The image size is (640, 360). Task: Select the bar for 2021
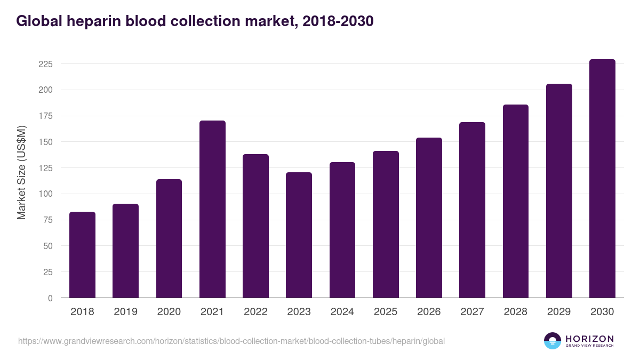point(212,209)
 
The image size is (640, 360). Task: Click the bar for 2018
point(82,254)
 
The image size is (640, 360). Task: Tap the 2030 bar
point(602,178)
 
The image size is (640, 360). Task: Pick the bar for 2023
point(299,235)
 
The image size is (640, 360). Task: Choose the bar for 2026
point(429,218)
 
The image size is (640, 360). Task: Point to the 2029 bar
point(559,190)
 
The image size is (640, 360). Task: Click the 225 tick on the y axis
point(46,64)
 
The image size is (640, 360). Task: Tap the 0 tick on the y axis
point(50,298)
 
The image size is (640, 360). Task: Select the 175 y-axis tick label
point(46,116)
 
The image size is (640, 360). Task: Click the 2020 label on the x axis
point(169,312)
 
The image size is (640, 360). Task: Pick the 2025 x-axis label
point(386,312)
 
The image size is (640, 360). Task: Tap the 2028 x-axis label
point(516,312)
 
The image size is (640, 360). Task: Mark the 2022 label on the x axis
point(255,312)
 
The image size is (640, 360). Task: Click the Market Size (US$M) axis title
point(21,172)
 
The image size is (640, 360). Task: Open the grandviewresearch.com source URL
point(231,341)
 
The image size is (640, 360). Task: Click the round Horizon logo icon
point(553,341)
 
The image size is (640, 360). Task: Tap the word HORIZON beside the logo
point(589,338)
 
